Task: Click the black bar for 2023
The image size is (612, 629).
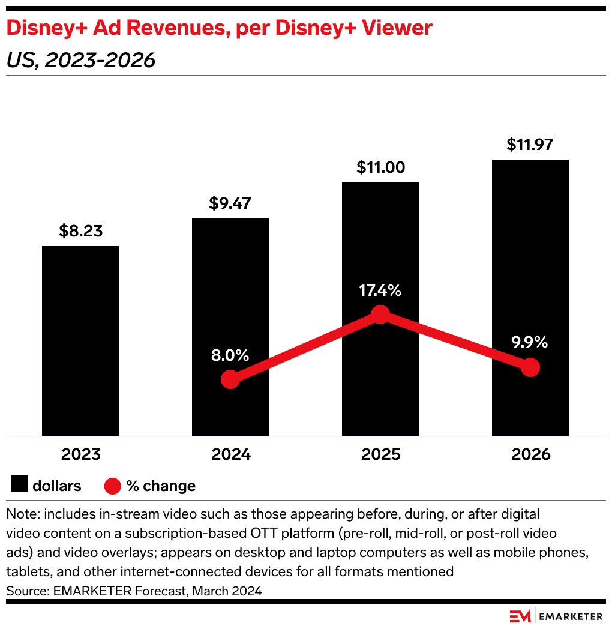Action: (80, 340)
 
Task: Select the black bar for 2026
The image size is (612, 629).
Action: (530, 297)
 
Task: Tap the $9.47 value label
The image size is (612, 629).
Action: (230, 203)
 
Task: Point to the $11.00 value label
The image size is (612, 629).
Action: (380, 167)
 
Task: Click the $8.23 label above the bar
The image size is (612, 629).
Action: (80, 232)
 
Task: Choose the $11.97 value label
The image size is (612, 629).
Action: (530, 145)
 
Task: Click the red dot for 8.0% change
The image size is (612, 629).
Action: (230, 379)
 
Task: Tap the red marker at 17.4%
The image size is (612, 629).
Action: (380, 314)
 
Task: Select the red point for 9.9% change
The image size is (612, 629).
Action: (530, 367)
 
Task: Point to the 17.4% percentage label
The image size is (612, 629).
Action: (380, 291)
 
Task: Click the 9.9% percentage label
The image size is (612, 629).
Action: (530, 343)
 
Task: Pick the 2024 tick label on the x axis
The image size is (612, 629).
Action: (230, 454)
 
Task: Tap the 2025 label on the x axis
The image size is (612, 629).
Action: (380, 454)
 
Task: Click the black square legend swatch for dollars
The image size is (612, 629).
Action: (19, 486)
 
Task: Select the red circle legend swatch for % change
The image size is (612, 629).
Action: (113, 486)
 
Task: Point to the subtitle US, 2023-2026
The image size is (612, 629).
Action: (80, 60)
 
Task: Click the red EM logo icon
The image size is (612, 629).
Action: (519, 616)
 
